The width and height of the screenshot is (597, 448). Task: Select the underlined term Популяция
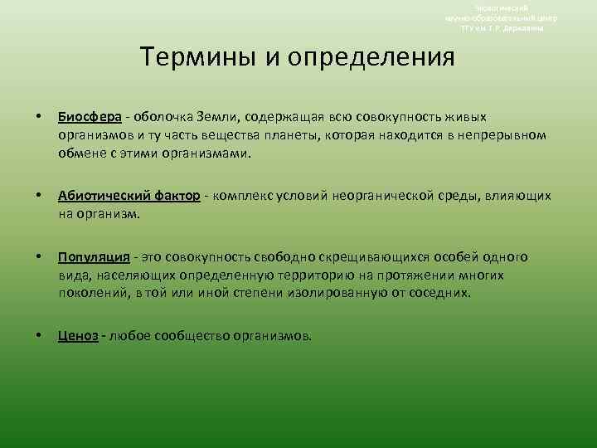[x=91, y=257]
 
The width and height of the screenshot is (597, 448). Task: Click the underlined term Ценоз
[x=78, y=336]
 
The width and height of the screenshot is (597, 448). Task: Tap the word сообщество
[x=193, y=336]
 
